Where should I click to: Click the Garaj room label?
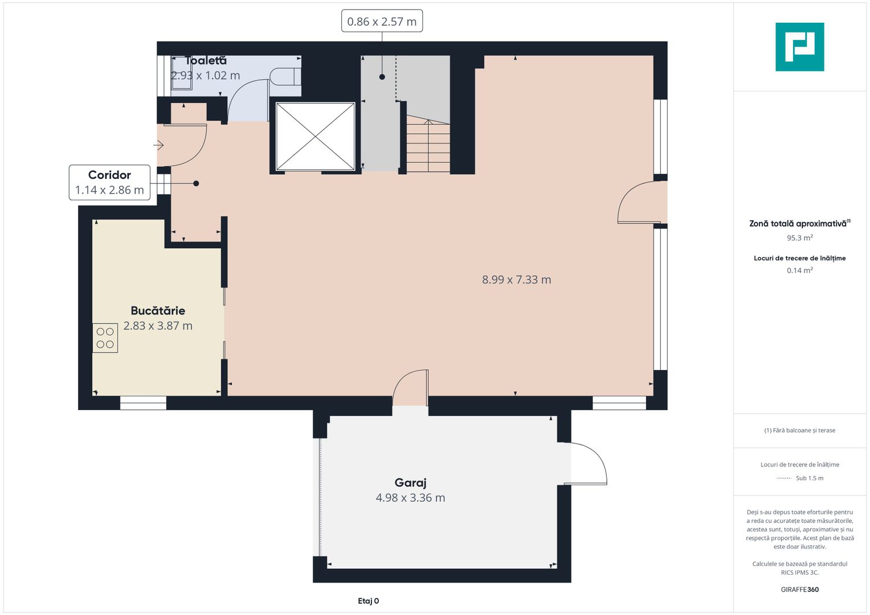[410, 482]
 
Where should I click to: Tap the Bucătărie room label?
[158, 310]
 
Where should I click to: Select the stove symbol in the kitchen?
[105, 338]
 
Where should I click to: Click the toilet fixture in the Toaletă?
[284, 76]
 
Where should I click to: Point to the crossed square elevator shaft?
[315, 137]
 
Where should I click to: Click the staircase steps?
[428, 145]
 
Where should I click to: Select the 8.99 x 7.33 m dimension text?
[516, 280]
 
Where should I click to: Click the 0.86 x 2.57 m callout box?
[382, 22]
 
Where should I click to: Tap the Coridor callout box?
[109, 182]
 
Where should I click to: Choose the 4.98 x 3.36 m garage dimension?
[410, 498]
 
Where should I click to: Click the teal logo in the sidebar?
[799, 47]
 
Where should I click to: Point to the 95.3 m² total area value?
[799, 238]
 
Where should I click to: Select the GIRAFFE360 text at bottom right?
[799, 589]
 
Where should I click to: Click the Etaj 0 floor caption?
[368, 601]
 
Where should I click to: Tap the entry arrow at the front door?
[159, 146]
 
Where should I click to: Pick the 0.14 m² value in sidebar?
[799, 270]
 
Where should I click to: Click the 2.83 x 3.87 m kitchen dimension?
[158, 326]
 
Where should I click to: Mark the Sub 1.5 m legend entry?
[809, 478]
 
